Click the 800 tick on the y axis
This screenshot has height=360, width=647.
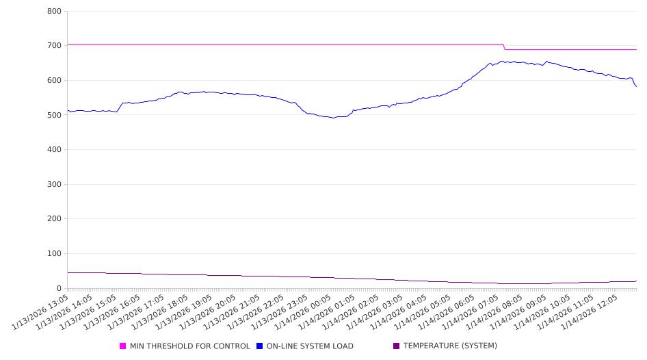(x=55, y=12)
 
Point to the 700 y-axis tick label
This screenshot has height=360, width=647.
(x=55, y=46)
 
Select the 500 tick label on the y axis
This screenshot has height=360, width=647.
(x=55, y=115)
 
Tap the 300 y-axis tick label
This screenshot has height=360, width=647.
(x=55, y=185)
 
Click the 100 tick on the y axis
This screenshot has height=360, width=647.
(x=55, y=254)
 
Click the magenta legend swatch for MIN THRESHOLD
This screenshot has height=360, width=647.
(x=123, y=346)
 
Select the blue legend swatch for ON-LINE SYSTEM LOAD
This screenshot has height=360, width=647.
(x=260, y=346)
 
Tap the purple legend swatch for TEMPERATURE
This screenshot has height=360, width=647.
(x=397, y=346)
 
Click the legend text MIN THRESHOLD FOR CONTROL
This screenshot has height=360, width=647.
(x=189, y=346)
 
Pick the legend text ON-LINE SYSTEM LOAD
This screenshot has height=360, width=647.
(x=310, y=346)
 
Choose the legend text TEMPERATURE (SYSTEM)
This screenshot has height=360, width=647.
(x=450, y=346)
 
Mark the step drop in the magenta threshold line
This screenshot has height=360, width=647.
(x=505, y=47)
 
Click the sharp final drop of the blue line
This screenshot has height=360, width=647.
(x=635, y=83)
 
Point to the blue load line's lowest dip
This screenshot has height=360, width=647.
(x=333, y=118)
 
